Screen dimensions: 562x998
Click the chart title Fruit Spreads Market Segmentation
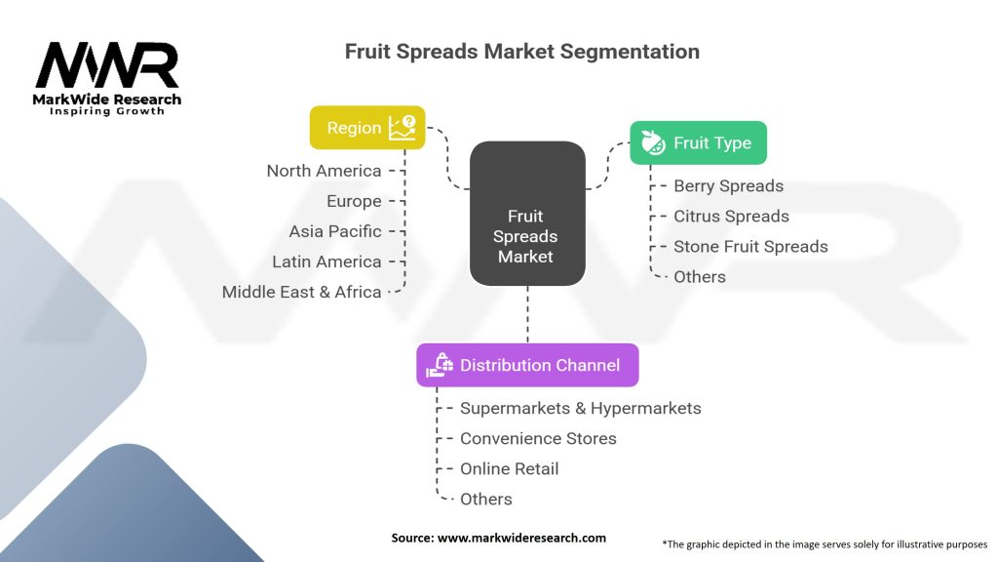521,52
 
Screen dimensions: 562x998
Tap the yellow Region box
367,128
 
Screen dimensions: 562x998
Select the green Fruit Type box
698,143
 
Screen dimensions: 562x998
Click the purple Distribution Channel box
527,365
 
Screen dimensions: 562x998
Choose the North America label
324,171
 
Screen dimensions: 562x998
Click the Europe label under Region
354,201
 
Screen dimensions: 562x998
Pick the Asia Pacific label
335,231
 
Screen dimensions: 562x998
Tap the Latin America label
326,261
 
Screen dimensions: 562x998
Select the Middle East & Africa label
301,292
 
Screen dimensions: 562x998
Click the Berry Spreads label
728,185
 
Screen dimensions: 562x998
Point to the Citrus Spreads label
731,216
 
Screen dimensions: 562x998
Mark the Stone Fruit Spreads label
750,246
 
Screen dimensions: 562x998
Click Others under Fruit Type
699,276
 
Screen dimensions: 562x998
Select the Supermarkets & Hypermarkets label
580,408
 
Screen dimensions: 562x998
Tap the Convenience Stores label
538,438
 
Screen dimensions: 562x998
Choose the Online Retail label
510,468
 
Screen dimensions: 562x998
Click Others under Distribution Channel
485,499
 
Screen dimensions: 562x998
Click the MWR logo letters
107,65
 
